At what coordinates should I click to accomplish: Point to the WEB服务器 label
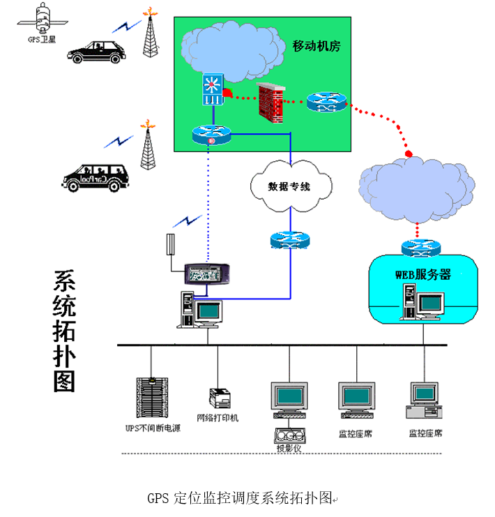click(x=422, y=274)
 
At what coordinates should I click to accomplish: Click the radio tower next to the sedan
click(x=149, y=33)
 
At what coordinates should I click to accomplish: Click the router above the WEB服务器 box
click(x=421, y=247)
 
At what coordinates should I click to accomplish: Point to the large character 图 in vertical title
click(x=65, y=380)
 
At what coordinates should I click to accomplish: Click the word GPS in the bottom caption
click(x=157, y=499)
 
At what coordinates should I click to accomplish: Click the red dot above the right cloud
click(x=409, y=153)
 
